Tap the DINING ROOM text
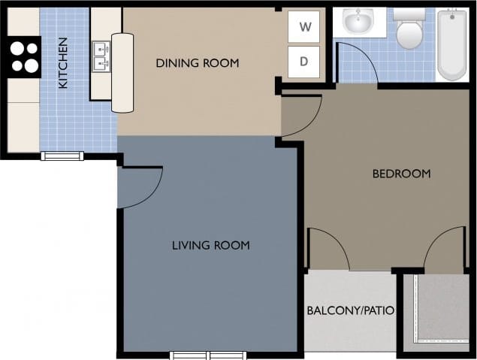(x=198, y=63)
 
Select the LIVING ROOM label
(x=211, y=245)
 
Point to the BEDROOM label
(x=402, y=174)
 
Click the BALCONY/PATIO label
(x=351, y=310)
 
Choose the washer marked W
(x=304, y=27)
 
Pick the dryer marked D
(x=304, y=62)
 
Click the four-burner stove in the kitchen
(x=25, y=57)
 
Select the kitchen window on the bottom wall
(x=62, y=156)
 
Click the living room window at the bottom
(x=201, y=355)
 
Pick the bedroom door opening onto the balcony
(x=328, y=250)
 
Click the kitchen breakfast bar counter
(x=122, y=72)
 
